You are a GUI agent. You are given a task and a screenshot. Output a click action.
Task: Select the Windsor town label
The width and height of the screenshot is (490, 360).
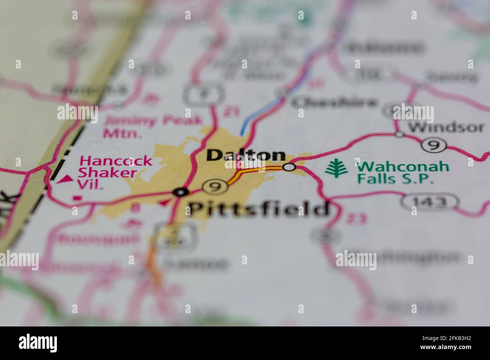(446, 127)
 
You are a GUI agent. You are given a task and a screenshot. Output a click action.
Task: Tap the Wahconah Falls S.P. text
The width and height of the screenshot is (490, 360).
(403, 172)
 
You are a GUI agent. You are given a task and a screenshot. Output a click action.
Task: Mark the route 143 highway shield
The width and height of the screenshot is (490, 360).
(429, 203)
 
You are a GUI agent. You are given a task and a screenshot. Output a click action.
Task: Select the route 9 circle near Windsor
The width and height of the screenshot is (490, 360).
(434, 145)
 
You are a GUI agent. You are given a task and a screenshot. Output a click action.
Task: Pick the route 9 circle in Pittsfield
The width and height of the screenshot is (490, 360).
(215, 186)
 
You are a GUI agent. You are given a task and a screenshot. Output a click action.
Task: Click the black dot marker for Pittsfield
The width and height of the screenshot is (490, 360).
(181, 192)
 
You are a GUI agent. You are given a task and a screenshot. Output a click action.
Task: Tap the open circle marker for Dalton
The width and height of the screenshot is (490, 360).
(289, 167)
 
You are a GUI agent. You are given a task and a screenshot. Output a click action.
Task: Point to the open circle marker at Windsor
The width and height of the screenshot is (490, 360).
(399, 134)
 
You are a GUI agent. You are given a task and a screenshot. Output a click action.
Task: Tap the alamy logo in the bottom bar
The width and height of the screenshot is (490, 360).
(38, 343)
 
